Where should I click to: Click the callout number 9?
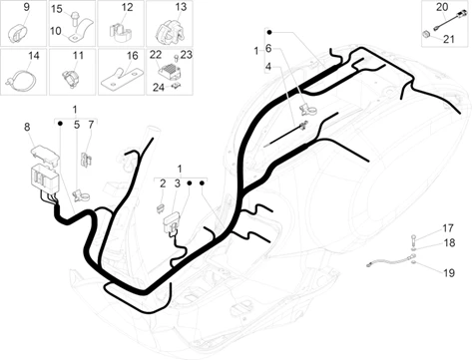pyautogui.click(x=27, y=7)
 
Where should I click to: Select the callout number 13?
pyautogui.click(x=181, y=7)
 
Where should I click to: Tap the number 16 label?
pyautogui.click(x=133, y=56)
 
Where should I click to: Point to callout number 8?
pyautogui.click(x=27, y=127)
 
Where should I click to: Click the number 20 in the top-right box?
pyautogui.click(x=442, y=7)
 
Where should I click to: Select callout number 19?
pyautogui.click(x=449, y=273)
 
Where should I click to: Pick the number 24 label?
pyautogui.click(x=159, y=88)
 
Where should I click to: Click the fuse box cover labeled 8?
pyautogui.click(x=45, y=155)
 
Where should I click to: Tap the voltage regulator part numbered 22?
pyautogui.click(x=170, y=71)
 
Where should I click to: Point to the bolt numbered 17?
pyautogui.click(x=413, y=238)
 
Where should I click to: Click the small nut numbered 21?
pyautogui.click(x=425, y=34)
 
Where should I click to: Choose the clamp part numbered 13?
pyautogui.click(x=170, y=32)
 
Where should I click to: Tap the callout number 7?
pyautogui.click(x=91, y=125)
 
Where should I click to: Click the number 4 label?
pyautogui.click(x=268, y=67)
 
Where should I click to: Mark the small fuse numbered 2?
pyautogui.click(x=160, y=208)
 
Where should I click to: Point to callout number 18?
pyautogui.click(x=449, y=243)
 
